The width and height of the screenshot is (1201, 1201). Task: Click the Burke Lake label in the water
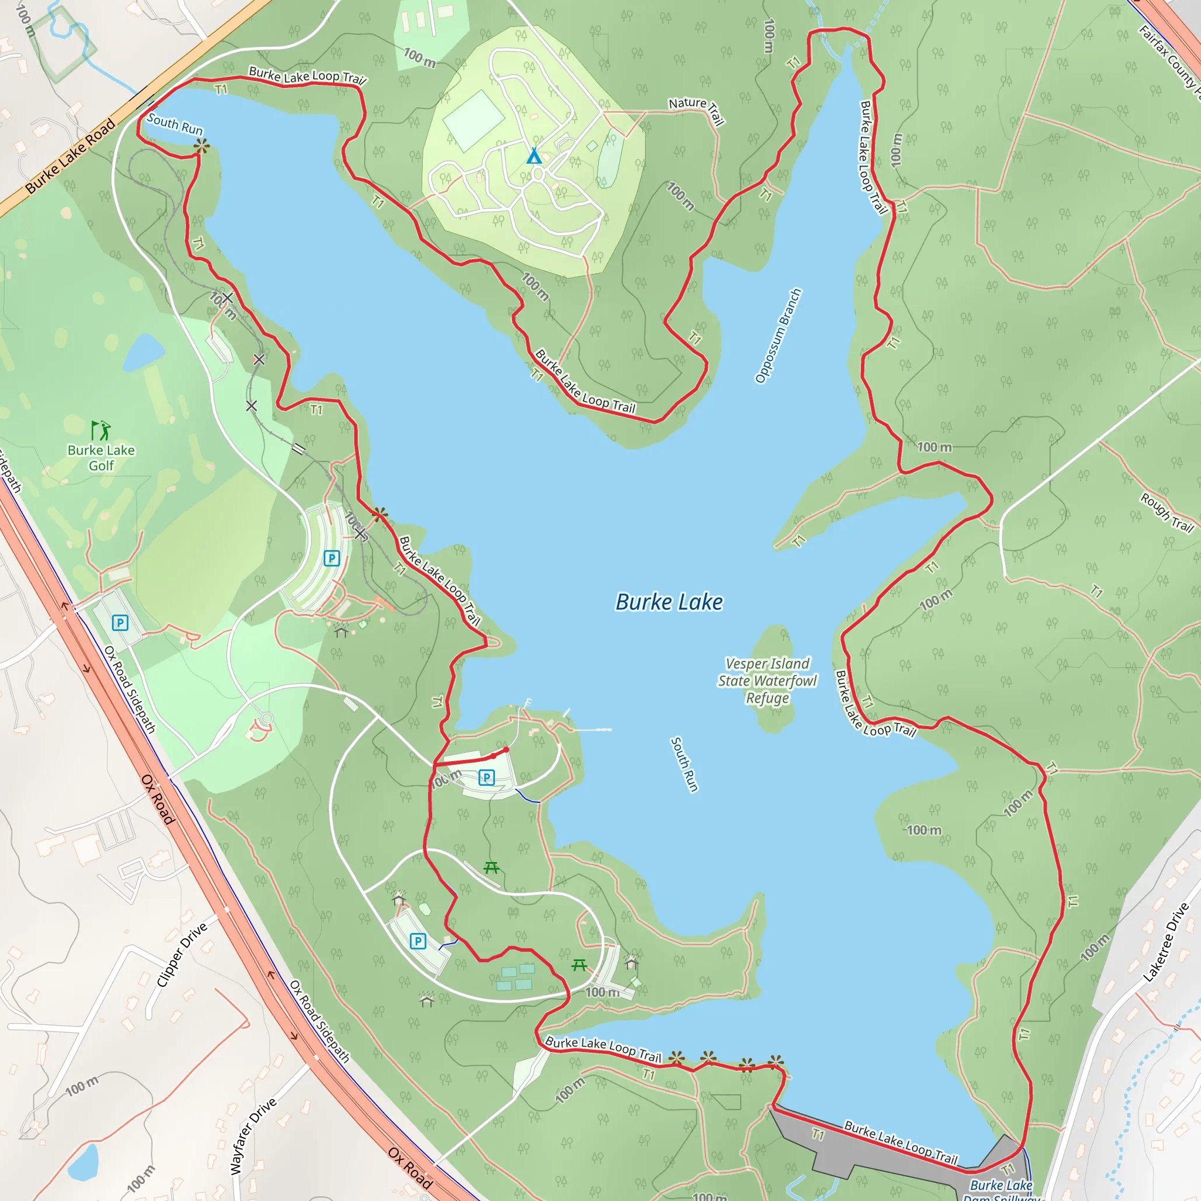pyautogui.click(x=669, y=602)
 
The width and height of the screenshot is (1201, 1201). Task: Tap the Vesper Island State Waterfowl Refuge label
pyautogui.click(x=767, y=681)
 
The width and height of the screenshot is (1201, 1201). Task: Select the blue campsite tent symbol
pyautogui.click(x=534, y=156)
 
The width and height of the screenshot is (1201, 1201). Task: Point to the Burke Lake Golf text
pyautogui.click(x=101, y=457)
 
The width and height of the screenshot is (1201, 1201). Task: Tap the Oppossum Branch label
pyautogui.click(x=778, y=335)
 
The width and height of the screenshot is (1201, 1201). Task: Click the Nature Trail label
pyautogui.click(x=697, y=110)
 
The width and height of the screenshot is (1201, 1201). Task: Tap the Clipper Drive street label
pyautogui.click(x=182, y=955)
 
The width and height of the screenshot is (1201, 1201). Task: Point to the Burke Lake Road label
pyautogui.click(x=71, y=156)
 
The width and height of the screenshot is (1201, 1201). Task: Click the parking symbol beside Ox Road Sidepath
pyautogui.click(x=120, y=622)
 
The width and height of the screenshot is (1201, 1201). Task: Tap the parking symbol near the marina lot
pyautogui.click(x=487, y=777)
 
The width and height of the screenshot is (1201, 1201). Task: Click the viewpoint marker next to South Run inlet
pyautogui.click(x=201, y=147)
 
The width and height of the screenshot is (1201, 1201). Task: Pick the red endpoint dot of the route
pyautogui.click(x=506, y=749)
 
